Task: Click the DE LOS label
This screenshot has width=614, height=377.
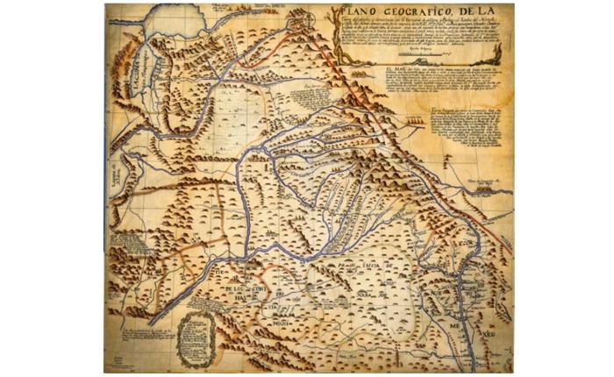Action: click(x=231, y=288)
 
